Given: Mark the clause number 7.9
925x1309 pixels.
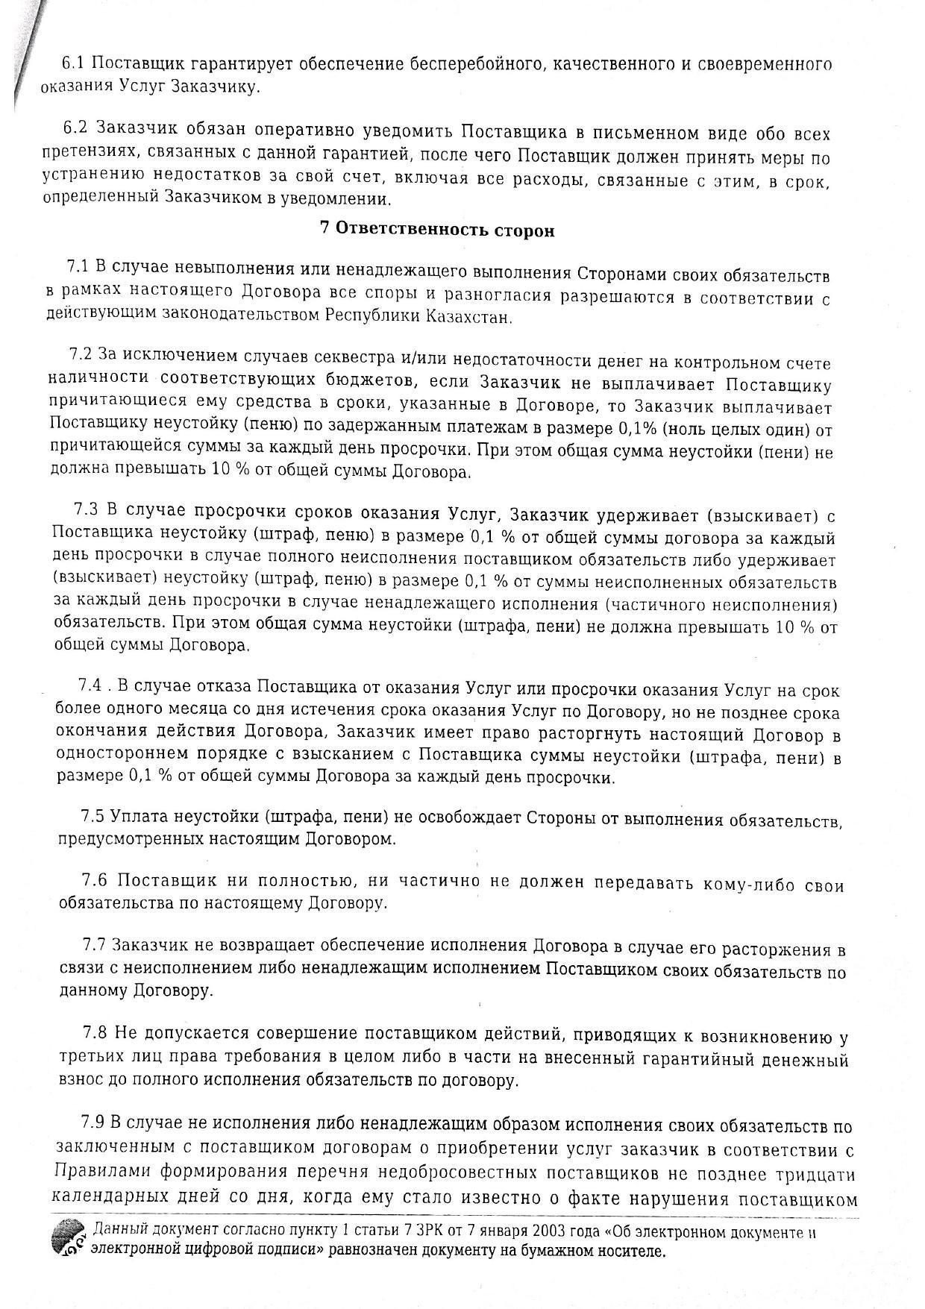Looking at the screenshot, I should (94, 1124).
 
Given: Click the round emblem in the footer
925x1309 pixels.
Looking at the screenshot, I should (69, 1243).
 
